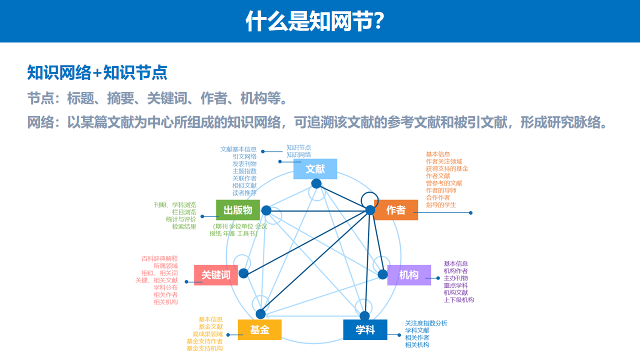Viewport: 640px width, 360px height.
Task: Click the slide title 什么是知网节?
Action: click(315, 21)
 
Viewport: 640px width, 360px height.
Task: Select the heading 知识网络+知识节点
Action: click(97, 72)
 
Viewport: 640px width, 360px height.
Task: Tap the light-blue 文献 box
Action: click(315, 169)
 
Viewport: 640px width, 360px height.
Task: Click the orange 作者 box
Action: click(396, 210)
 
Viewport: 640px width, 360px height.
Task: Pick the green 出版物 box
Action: click(238, 210)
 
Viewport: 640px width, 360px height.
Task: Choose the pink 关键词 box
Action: click(216, 275)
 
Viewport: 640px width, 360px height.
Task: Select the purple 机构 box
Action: click(409, 275)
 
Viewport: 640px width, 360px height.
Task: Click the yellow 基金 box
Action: click(259, 330)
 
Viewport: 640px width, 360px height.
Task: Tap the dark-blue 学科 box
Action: click(365, 330)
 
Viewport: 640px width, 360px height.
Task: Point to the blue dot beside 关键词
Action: click(243, 273)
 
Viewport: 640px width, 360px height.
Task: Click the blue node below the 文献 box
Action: click(316, 183)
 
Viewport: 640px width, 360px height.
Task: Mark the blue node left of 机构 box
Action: click(382, 274)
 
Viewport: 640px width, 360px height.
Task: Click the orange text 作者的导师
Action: click(441, 190)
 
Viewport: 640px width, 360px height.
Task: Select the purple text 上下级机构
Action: click(458, 300)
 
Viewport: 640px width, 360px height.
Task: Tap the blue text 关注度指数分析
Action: click(426, 323)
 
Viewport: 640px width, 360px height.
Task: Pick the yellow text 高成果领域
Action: click(207, 334)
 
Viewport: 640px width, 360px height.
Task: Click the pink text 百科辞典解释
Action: click(159, 259)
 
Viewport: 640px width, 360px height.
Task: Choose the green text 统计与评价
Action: click(181, 219)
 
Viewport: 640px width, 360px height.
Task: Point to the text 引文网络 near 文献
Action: click(244, 156)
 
